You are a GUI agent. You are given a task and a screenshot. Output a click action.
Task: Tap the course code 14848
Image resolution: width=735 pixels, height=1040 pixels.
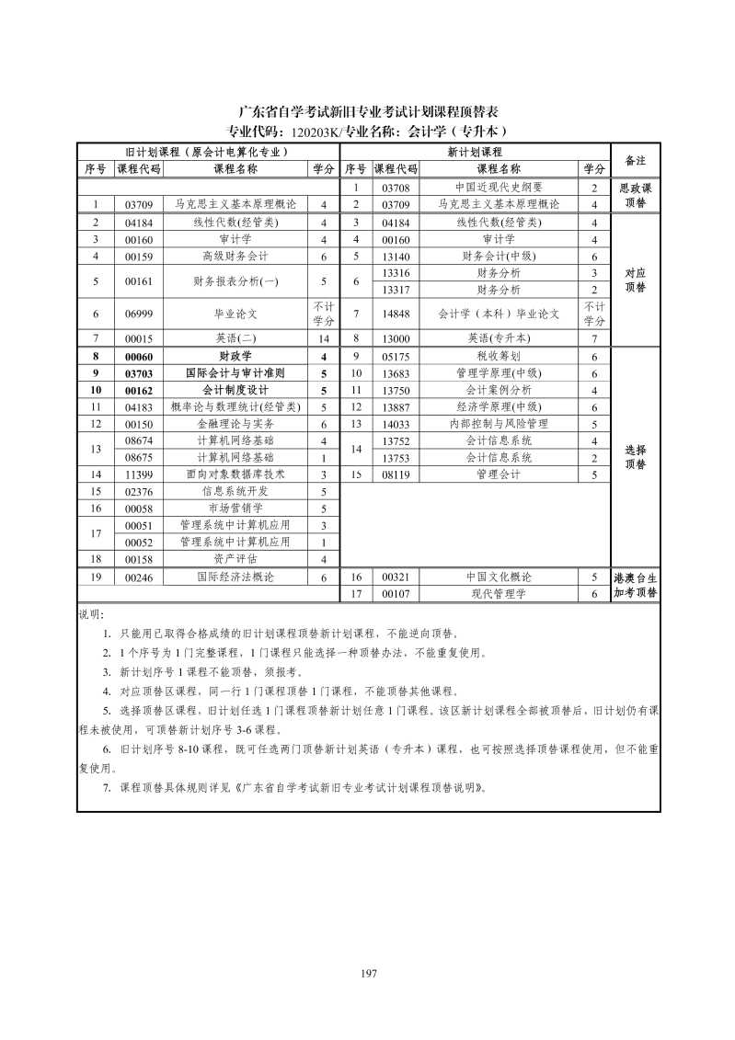click(x=396, y=314)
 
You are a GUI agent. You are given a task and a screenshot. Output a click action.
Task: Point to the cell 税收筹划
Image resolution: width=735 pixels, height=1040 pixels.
click(x=499, y=356)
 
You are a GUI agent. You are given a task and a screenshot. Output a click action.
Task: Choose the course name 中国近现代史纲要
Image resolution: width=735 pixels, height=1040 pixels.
click(x=499, y=188)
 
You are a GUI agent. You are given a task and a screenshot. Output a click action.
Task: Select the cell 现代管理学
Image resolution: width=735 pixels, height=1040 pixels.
click(x=499, y=594)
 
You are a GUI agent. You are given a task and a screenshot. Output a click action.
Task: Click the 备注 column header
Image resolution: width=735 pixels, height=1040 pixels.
click(x=635, y=160)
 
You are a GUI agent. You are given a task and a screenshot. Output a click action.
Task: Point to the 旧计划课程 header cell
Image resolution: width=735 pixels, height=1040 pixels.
click(x=208, y=152)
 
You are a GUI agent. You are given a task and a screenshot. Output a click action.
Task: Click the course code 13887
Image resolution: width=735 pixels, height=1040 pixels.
click(x=396, y=407)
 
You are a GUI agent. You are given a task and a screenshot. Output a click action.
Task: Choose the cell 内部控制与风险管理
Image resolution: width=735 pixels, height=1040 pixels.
click(x=499, y=424)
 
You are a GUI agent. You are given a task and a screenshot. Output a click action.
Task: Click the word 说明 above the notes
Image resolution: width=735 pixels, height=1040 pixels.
click(x=92, y=613)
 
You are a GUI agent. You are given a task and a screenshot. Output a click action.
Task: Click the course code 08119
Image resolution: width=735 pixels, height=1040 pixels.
click(x=396, y=474)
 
